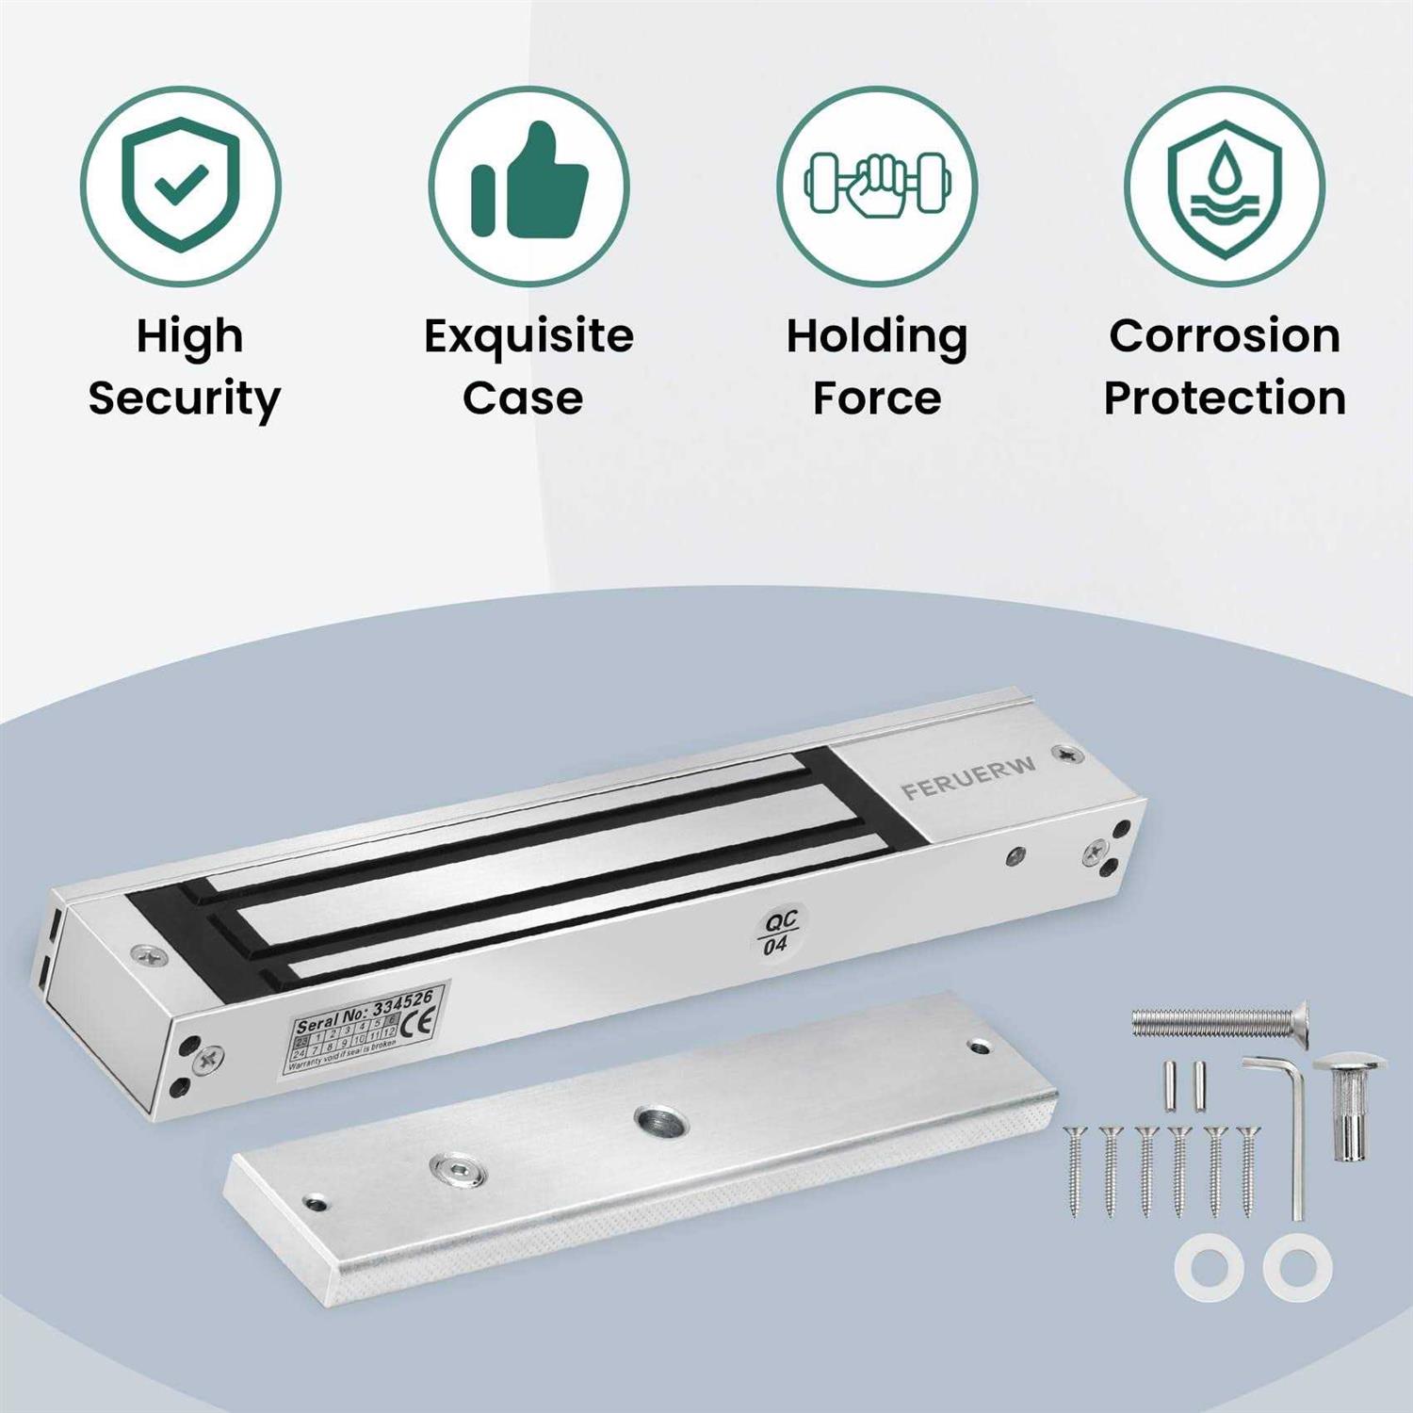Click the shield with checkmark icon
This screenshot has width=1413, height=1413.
tap(181, 187)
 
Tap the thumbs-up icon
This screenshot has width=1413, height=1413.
tap(529, 185)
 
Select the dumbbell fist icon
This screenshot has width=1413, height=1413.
tap(877, 185)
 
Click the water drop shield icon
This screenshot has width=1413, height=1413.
tap(1225, 187)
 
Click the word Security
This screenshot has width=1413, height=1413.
tap(185, 399)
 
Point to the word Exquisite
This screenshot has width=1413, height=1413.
tap(528, 336)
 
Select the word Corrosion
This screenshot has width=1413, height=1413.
tap(1225, 336)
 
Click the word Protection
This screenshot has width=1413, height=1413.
tap(1225, 398)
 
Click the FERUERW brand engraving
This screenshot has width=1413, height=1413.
tap(968, 777)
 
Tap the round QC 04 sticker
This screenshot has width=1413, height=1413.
tap(779, 932)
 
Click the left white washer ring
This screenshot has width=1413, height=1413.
tap(1210, 1268)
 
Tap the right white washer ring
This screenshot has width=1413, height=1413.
tap(1297, 1268)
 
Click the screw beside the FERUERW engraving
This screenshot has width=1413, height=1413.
tap(1067, 755)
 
